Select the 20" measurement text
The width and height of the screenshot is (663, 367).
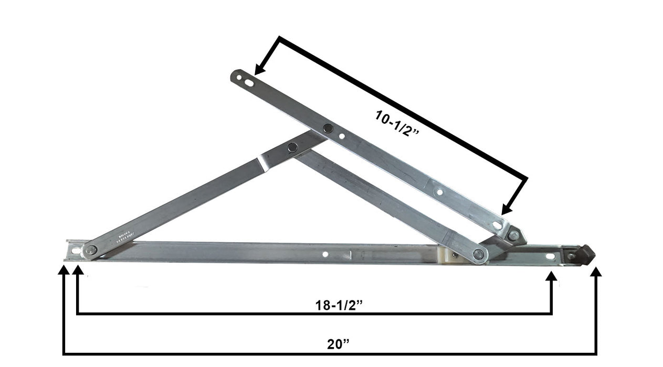click(338, 344)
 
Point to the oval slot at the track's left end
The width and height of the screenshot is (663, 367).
click(76, 251)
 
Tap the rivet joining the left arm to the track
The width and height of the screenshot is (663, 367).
click(91, 250)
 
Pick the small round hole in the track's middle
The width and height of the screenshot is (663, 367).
click(325, 254)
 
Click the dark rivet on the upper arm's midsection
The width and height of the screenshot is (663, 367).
click(328, 127)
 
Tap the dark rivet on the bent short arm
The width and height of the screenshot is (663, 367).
click(292, 147)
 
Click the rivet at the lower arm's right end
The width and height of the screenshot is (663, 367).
click(478, 254)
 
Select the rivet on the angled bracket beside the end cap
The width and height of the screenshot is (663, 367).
click(513, 235)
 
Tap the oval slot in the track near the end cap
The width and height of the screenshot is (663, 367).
click(550, 256)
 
